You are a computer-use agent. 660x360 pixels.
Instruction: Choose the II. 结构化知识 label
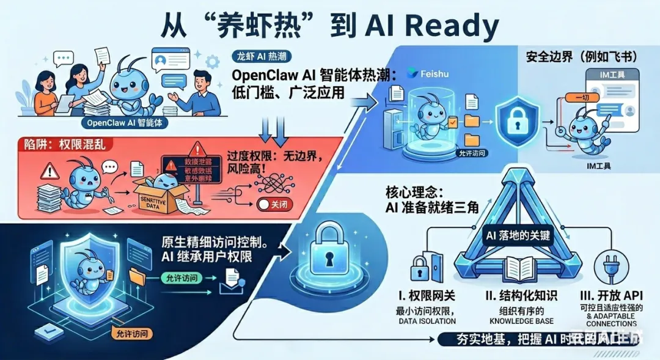pyautogui.click(x=521, y=296)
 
